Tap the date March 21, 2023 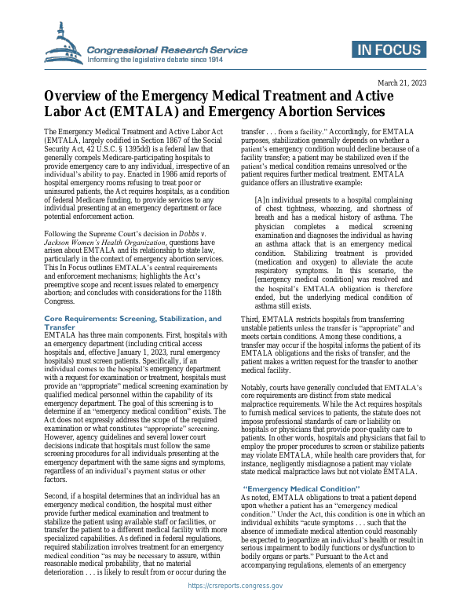[x=401, y=82]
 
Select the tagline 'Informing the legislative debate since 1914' [x=155, y=59]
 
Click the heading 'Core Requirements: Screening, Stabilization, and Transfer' [x=132, y=323]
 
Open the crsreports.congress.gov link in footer [x=235, y=586]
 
